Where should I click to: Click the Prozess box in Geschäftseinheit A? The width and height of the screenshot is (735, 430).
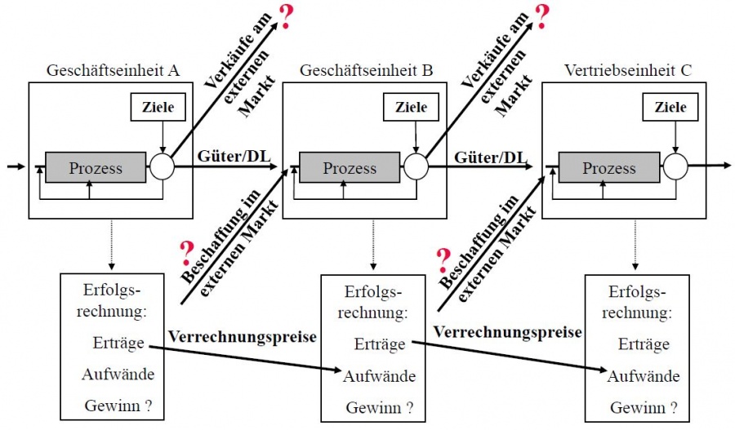(96, 168)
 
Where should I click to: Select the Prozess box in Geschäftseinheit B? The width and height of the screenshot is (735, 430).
(350, 168)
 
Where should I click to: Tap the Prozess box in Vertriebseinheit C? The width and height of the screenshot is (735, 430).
(608, 168)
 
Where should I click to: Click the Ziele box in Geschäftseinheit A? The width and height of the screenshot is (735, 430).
(158, 107)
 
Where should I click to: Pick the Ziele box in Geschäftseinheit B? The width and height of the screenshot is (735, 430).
(411, 107)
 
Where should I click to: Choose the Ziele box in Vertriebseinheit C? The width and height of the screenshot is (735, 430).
(670, 107)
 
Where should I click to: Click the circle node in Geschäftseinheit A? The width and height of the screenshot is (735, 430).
(162, 167)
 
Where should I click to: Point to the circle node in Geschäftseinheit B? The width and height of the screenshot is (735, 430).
(416, 167)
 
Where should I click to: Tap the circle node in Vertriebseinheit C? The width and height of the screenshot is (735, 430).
(675, 167)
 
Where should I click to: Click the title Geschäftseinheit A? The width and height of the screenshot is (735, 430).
(114, 71)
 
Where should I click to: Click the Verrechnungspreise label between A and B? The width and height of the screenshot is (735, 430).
(242, 336)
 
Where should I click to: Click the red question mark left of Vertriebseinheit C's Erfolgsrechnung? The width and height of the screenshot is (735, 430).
(443, 259)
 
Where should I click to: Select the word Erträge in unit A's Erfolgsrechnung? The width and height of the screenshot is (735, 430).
(118, 344)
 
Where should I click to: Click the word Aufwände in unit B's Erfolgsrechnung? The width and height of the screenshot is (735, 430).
(379, 376)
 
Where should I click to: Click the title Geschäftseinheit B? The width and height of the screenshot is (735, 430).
(366, 71)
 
